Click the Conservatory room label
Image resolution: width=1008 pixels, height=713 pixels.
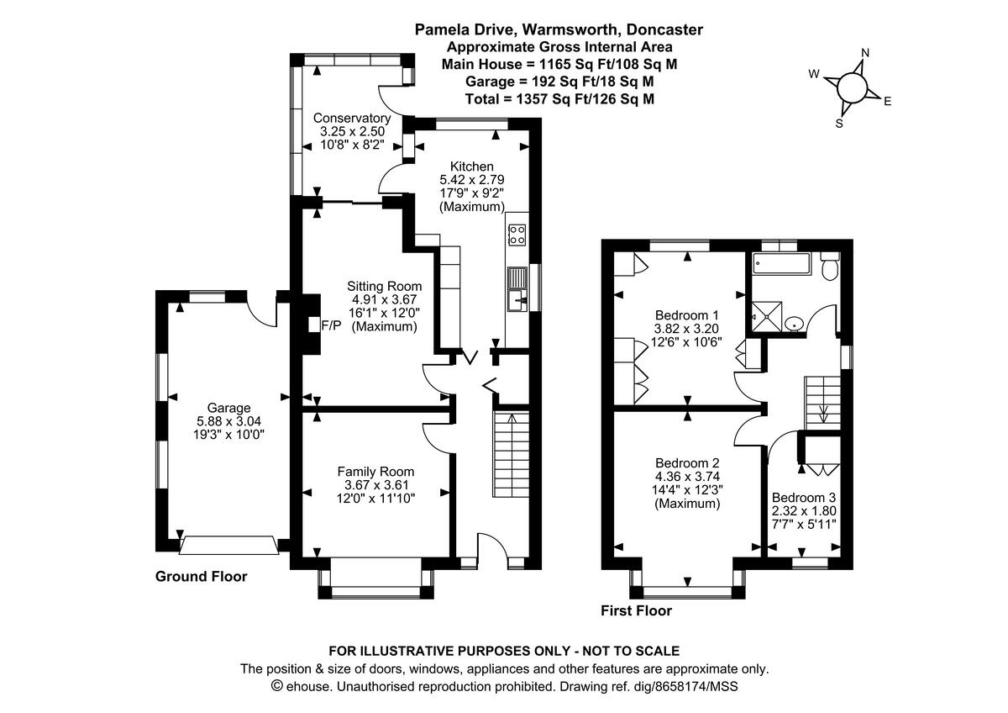pos(351,119)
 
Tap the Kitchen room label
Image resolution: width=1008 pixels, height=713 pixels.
pos(471,166)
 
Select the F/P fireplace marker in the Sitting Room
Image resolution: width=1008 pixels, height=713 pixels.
pos(332,325)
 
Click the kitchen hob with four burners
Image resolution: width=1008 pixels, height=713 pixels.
pos(517,235)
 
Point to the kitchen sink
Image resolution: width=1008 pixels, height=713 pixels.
pos(517,298)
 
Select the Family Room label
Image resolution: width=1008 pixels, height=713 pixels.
pos(375,472)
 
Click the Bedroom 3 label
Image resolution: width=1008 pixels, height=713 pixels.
pos(804,496)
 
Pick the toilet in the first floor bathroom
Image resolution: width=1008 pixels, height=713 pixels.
pos(830,267)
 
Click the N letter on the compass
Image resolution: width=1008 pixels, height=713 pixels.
pos(865,54)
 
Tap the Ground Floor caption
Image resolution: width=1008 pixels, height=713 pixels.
pos(202,577)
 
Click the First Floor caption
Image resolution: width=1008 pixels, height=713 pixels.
pos(636,611)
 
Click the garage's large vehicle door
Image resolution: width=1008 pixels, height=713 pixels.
pos(229,546)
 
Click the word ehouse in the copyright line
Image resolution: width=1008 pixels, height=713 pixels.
pos(310,687)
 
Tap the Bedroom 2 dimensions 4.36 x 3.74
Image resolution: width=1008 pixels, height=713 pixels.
pos(687,476)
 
